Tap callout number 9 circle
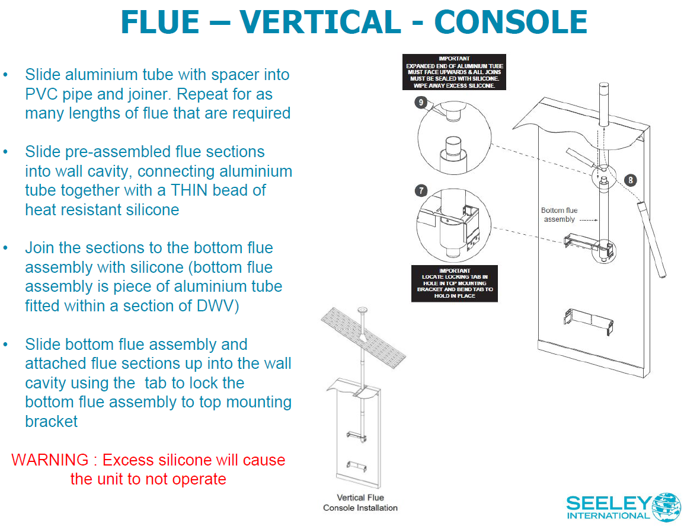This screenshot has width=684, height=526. (420, 103)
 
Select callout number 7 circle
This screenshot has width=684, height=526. (421, 190)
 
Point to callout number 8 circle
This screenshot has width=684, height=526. (631, 180)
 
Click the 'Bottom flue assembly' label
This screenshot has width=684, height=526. (559, 215)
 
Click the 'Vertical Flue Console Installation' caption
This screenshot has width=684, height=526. (360, 502)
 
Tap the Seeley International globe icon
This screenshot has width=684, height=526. (666, 505)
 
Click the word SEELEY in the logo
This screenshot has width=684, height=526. (608, 503)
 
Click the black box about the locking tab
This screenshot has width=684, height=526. (455, 283)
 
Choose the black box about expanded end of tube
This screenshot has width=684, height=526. (455, 72)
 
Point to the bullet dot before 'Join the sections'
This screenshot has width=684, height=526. (6, 248)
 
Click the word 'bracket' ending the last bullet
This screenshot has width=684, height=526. (51, 422)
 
